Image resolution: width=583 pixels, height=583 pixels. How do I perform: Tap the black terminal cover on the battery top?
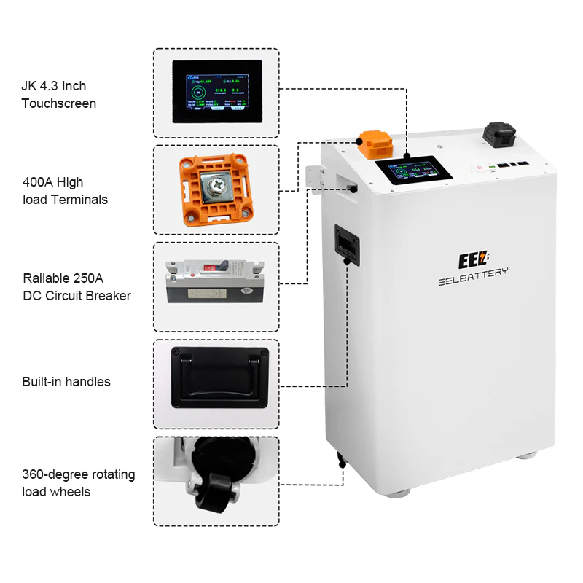coord(498,135)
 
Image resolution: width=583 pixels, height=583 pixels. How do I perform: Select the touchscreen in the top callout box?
coord(216,92)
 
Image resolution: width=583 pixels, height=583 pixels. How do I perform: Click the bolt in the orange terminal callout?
coord(216,188)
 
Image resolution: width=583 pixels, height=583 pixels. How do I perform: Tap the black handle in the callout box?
coord(216,376)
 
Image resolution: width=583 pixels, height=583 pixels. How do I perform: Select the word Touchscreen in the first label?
coord(58,103)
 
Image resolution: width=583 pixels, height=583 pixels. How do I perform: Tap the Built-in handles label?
coord(66,382)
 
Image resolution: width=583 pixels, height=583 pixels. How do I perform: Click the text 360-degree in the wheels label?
coord(52,474)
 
